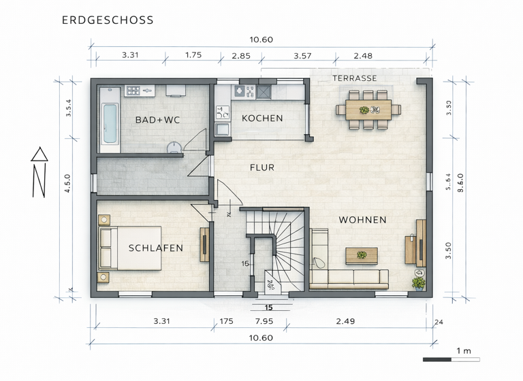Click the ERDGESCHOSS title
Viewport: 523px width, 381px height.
tap(108, 20)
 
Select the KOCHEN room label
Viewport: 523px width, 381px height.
tap(262, 118)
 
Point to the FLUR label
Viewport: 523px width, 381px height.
tap(261, 167)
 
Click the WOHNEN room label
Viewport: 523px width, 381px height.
tap(362, 220)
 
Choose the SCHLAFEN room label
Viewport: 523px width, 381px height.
tap(155, 248)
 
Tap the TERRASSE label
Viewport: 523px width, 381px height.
tap(354, 78)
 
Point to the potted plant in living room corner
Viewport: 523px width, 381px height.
tap(417, 282)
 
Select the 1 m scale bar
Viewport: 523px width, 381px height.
tap(451, 359)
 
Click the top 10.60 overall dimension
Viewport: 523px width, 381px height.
tap(261, 39)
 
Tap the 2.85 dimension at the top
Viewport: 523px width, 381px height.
tap(240, 56)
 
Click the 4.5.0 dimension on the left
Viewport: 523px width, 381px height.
tap(67, 184)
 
